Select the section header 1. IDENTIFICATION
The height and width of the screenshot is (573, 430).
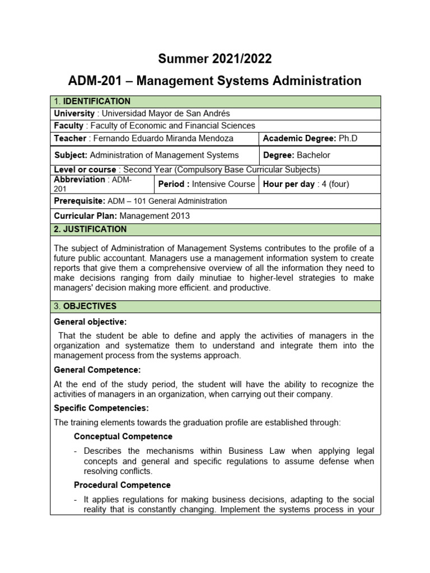pos(92,101)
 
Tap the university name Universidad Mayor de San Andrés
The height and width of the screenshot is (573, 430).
pos(163,114)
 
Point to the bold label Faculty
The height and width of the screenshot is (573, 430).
pos(68,126)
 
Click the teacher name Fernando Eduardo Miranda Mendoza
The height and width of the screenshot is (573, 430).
pos(162,138)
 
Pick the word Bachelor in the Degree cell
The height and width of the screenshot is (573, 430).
pos(314,155)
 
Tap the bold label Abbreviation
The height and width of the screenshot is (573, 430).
pos(79,180)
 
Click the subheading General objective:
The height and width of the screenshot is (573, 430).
pos(90,322)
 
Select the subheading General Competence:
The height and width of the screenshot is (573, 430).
pos(97,370)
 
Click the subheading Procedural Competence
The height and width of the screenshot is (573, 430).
pos(122,485)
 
